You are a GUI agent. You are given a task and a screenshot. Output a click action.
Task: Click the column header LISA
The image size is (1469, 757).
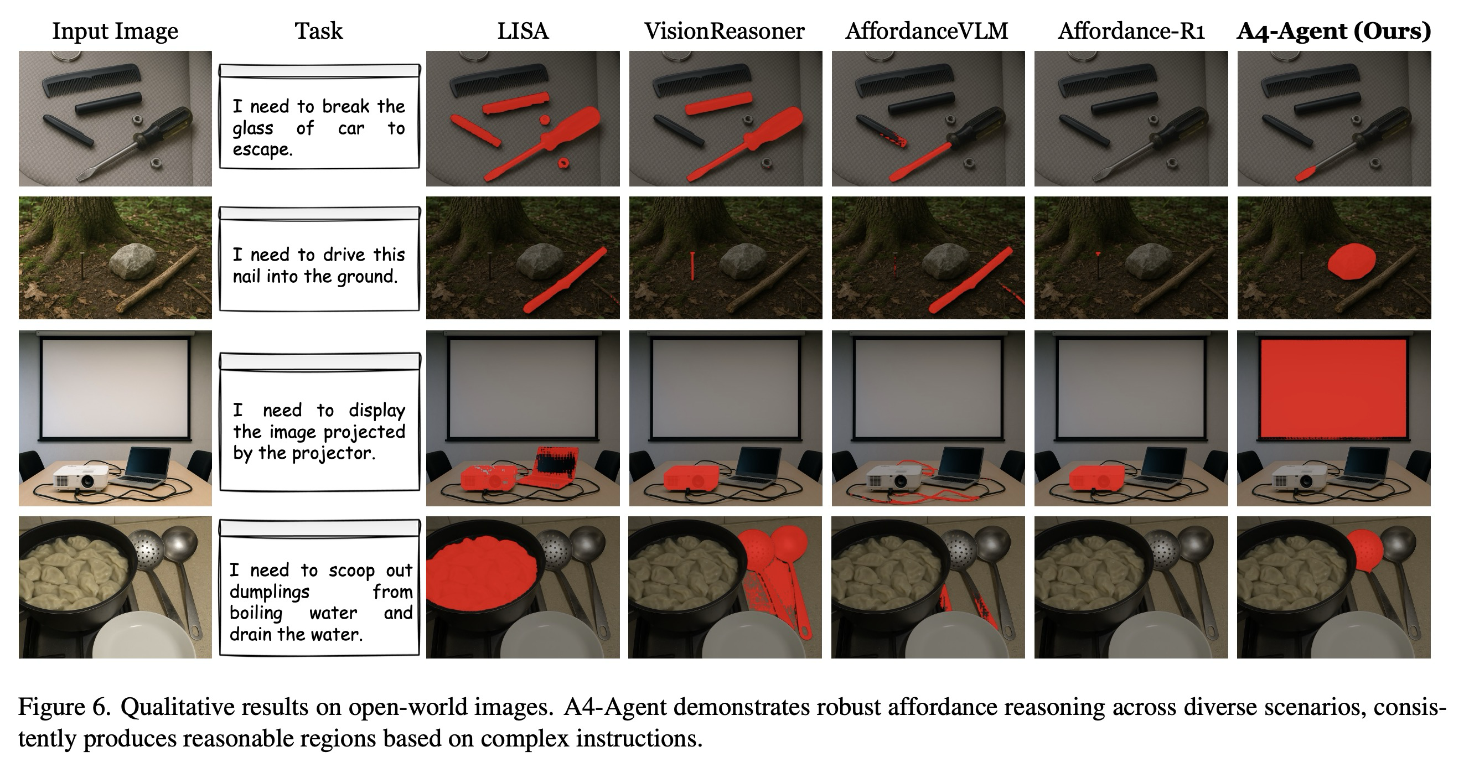523,31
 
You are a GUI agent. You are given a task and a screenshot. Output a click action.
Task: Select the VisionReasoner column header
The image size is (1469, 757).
724,31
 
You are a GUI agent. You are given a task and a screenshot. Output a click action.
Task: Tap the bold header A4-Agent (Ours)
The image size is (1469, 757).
1333,31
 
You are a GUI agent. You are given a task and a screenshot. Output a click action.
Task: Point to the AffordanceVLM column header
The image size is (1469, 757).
927,31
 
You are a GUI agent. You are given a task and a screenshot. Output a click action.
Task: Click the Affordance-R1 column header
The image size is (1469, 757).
1131,31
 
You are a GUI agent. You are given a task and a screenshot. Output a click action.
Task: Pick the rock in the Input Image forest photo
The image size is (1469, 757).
133,262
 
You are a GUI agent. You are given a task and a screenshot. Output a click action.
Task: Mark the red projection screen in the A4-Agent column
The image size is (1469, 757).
1333,387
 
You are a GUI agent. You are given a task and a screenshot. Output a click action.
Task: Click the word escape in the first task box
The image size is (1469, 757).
262,150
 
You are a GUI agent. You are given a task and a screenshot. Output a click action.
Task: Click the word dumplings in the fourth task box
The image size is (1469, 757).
269,592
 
